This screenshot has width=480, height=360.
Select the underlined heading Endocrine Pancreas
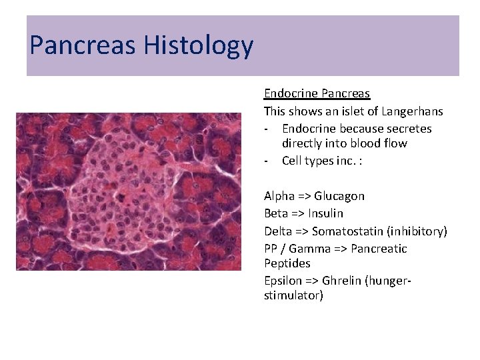[317, 94]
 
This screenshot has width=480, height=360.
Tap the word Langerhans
[412, 111]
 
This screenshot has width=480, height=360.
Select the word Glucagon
[339, 196]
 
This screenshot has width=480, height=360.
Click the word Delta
[278, 231]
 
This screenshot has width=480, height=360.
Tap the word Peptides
[287, 263]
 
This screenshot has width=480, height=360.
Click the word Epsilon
[283, 281]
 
